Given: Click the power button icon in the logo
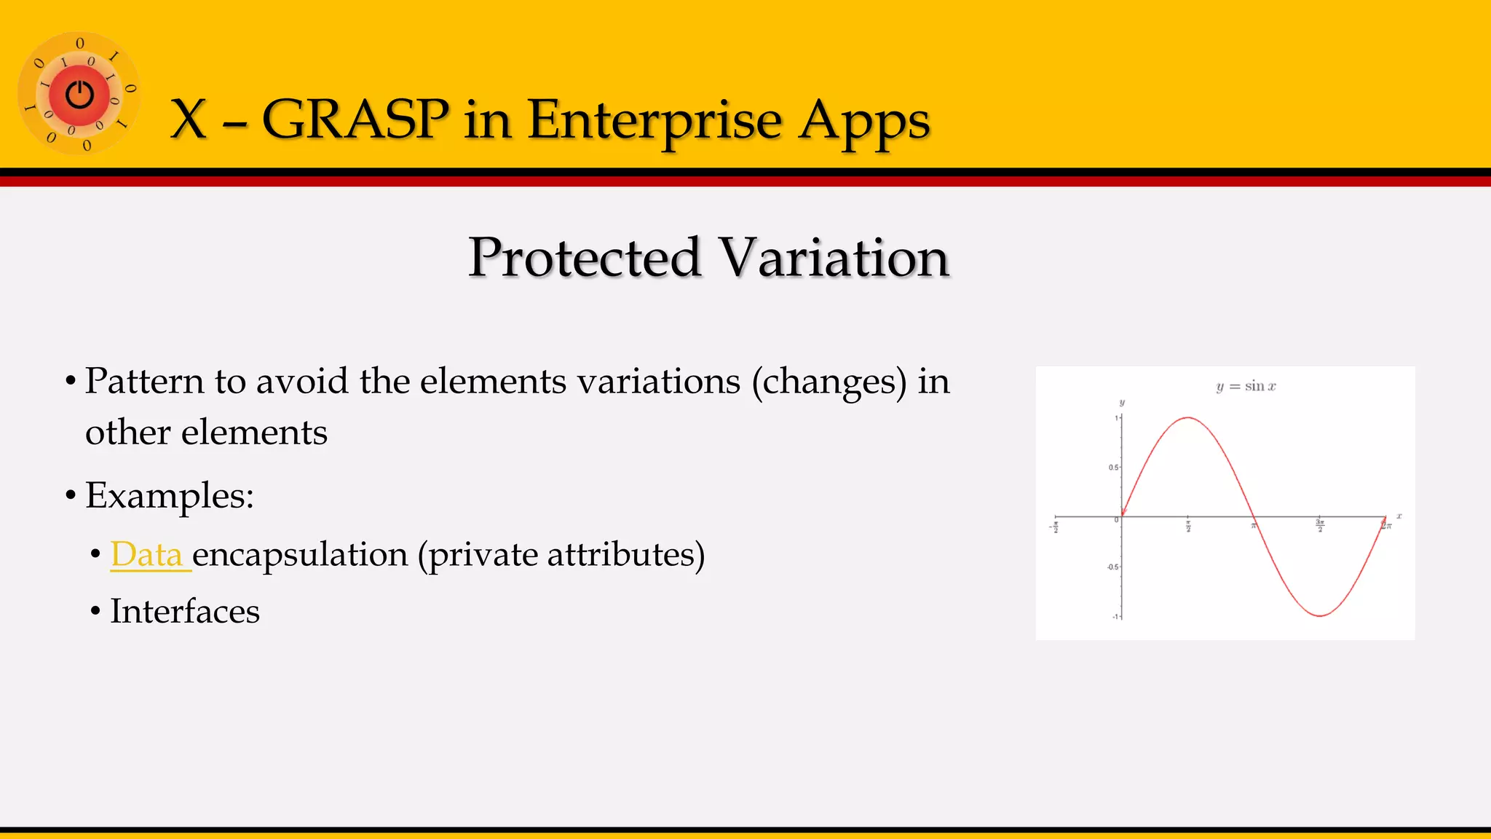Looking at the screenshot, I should pos(79,95).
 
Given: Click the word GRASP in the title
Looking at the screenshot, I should pos(355,119).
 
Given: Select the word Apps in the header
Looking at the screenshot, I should pos(864,121).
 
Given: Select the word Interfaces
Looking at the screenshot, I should pos(185,611).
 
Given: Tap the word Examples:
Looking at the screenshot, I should pos(170,496).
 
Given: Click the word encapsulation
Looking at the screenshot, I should pos(300,556).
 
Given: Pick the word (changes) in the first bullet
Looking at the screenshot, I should pos(829,382).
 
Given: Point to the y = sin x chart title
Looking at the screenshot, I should pos(1246,386).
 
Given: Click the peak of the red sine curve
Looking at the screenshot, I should pos(1188,417).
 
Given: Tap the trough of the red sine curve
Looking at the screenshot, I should pos(1320,616).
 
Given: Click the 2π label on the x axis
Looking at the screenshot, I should pos(1386,525).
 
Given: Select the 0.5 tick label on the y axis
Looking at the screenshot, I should pos(1113,468).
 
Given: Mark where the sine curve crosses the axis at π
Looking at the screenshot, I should pos(1254,517).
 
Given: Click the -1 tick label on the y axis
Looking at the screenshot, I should pos(1115,617).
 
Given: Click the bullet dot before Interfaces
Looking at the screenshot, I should pos(95,612).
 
